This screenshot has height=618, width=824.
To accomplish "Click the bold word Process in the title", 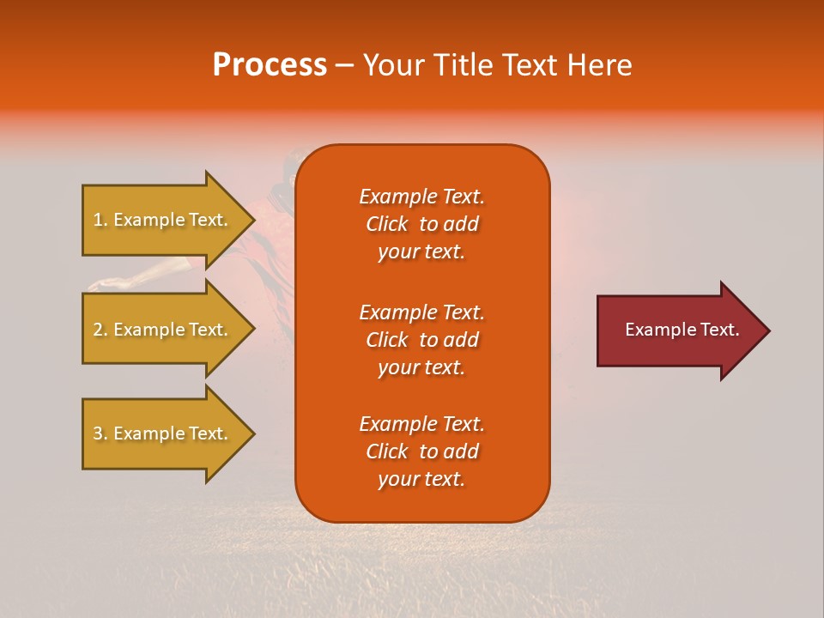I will point(270,65).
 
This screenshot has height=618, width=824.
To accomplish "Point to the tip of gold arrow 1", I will point(252,220).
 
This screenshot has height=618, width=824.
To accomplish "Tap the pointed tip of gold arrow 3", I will point(252,433).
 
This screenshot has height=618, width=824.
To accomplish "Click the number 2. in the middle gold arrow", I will point(100,330).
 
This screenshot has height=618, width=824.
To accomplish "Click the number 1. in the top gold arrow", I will point(100,220).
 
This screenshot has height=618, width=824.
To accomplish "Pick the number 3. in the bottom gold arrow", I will point(100,433).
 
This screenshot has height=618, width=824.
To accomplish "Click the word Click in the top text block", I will point(387,224).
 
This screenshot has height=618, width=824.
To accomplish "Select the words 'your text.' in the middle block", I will point(421,367).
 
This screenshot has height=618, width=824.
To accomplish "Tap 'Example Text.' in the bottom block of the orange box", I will point(421,424).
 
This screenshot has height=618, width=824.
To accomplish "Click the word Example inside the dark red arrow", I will point(656,330).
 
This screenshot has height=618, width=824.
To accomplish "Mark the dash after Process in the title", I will point(345,66).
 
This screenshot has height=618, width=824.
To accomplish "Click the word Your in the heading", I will point(392,65).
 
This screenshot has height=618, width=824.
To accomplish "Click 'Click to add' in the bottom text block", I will point(421,451).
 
